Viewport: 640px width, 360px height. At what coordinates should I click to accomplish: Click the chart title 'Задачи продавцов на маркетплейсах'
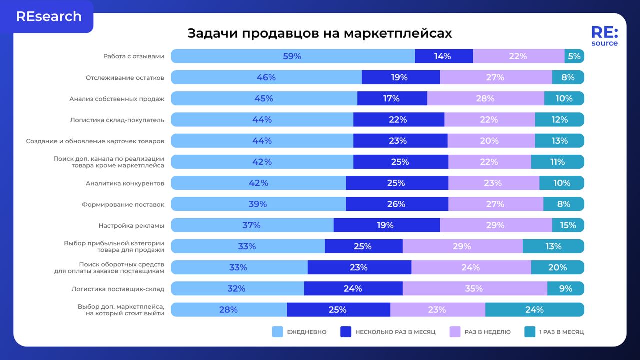coord(319,33)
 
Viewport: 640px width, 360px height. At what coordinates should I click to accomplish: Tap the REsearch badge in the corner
coord(48,16)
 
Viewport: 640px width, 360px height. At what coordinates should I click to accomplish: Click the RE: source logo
coord(604,36)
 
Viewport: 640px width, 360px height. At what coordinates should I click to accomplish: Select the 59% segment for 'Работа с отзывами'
coord(292,56)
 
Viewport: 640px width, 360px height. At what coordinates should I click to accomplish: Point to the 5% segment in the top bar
coord(574,56)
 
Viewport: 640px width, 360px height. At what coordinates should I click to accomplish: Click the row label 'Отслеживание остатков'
coord(125,78)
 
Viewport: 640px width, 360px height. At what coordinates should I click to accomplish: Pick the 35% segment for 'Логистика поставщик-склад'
coord(474,288)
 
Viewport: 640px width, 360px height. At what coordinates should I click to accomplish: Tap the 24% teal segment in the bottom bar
coord(534,310)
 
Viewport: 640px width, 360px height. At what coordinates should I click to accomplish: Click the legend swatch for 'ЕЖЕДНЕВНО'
coord(277,332)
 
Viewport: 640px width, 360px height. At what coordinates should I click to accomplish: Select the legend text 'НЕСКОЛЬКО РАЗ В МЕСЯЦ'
coord(395,332)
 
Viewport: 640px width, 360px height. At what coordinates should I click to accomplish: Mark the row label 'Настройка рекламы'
coord(131,225)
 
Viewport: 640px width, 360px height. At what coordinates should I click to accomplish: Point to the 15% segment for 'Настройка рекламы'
coord(568,225)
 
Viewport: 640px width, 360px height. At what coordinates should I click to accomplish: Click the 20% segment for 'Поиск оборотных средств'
coord(557,267)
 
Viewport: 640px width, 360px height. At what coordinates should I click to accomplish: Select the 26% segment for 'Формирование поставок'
coord(396,204)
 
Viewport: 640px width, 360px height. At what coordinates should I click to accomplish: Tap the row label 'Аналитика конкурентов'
coord(125,183)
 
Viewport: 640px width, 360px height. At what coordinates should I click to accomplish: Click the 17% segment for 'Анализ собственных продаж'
coord(392,98)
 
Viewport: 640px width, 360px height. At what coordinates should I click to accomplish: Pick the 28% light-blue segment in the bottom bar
coord(228,310)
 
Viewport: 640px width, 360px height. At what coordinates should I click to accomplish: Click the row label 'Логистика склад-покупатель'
coord(117,120)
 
